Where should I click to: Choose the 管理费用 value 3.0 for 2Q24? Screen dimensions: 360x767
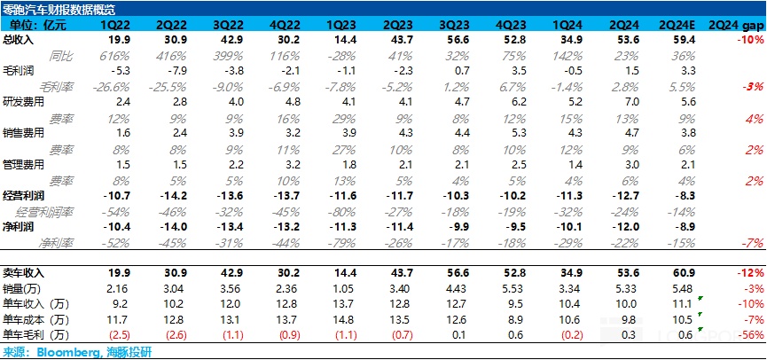click(x=632, y=164)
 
